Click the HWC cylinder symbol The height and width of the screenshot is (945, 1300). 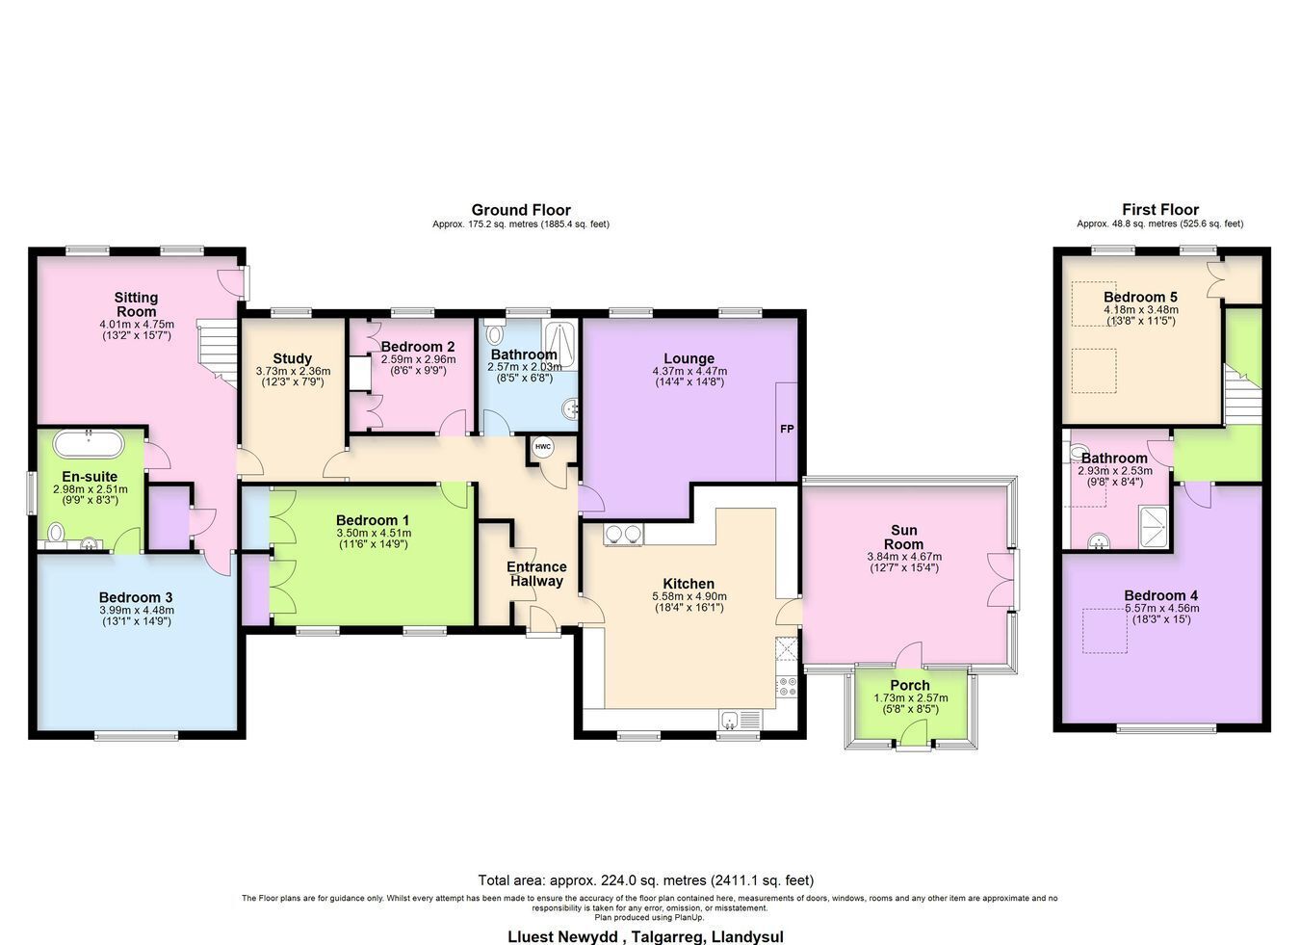tap(543, 447)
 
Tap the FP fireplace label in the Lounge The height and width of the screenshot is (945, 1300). tap(787, 429)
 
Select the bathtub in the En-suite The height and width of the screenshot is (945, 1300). tap(89, 445)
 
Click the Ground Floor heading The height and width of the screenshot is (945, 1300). tap(521, 210)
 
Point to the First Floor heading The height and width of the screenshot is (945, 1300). tap(1160, 209)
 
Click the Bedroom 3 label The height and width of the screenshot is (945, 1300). tap(136, 597)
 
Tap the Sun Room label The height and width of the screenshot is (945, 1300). tap(904, 537)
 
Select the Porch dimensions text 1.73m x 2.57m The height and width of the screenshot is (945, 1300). tap(911, 697)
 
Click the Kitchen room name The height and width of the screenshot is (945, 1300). tap(689, 584)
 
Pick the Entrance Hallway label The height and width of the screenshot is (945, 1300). tap(536, 573)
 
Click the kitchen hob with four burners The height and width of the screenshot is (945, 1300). tap(788, 687)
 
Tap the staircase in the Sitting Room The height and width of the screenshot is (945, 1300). tap(217, 353)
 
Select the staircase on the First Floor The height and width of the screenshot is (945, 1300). tap(1242, 394)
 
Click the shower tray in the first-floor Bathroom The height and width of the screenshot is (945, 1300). tap(1154, 527)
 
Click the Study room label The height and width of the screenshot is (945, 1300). tap(293, 358)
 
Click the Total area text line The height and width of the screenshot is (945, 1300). tap(646, 880)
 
